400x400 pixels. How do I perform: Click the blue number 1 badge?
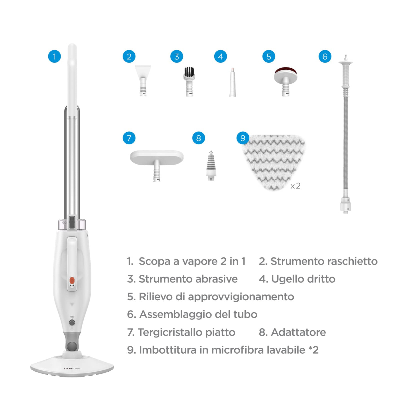click(x=54, y=56)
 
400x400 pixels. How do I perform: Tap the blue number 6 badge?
click(x=325, y=56)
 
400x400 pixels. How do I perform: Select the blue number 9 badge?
click(x=243, y=138)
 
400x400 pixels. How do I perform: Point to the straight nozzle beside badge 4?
click(x=233, y=83)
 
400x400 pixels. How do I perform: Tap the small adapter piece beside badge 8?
click(x=211, y=166)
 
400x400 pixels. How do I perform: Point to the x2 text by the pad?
click(x=295, y=186)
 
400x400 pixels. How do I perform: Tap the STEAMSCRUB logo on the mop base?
click(x=72, y=369)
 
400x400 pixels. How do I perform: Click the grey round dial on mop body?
click(x=72, y=323)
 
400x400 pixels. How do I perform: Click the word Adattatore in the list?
click(x=298, y=332)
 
